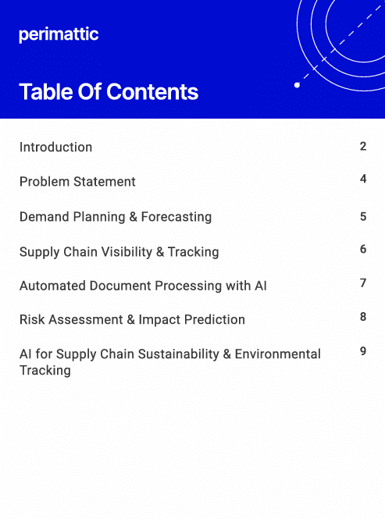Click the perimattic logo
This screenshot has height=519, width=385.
point(59,35)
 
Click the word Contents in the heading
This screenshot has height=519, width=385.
point(152,91)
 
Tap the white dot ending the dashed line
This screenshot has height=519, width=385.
point(298,85)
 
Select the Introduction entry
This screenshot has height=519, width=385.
point(55,147)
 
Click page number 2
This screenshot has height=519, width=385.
point(363,146)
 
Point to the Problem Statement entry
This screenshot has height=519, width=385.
point(77,181)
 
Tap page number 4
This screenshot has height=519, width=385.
point(363,179)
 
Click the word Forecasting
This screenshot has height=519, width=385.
point(176,217)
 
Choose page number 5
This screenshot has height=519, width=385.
point(363,216)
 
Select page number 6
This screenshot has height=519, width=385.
point(363,249)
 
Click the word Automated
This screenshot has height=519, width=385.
point(52,286)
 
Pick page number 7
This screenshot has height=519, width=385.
point(363,283)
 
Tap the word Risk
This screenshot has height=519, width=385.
point(32,319)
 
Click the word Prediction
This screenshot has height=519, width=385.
point(215,319)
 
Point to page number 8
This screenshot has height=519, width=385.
point(363,317)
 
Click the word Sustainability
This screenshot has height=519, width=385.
point(179,354)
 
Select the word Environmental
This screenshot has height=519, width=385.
point(278,354)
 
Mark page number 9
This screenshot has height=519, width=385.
point(363,351)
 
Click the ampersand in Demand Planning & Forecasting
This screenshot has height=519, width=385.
point(134,217)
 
